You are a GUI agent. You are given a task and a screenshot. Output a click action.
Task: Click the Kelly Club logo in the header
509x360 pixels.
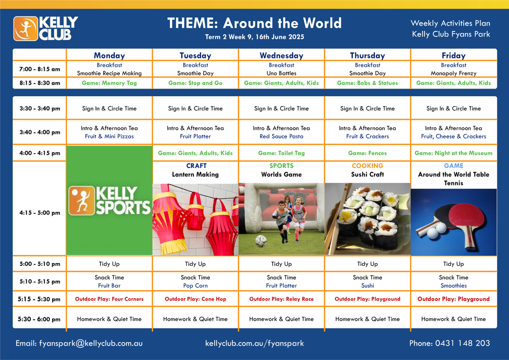(x=46, y=28)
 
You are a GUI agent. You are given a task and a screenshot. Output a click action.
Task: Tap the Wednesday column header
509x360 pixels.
(x=281, y=56)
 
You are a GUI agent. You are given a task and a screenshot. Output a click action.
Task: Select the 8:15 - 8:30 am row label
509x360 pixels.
(x=40, y=83)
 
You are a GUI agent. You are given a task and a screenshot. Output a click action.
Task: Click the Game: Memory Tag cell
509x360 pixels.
(x=109, y=83)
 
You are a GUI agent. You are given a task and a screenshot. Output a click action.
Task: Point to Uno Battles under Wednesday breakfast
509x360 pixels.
(x=281, y=73)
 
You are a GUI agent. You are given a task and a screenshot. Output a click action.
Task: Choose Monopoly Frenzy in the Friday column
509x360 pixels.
(x=453, y=73)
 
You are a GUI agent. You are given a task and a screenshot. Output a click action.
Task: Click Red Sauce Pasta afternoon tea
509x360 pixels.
(x=281, y=136)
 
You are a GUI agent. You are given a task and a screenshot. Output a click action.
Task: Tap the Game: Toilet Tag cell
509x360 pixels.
(x=281, y=153)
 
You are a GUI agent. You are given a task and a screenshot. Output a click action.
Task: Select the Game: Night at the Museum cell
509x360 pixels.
(x=453, y=153)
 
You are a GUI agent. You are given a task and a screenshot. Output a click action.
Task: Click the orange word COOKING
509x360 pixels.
(x=367, y=165)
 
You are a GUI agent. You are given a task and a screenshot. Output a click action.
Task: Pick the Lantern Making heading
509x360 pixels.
(x=195, y=174)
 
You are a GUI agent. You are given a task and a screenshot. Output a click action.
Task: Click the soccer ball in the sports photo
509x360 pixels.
(x=261, y=241)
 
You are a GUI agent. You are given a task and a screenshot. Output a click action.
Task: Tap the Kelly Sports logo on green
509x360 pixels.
(x=109, y=201)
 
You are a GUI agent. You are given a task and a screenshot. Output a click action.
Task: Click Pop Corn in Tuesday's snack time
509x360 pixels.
(x=196, y=285)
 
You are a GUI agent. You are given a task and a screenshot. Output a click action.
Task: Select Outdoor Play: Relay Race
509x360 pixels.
(x=281, y=299)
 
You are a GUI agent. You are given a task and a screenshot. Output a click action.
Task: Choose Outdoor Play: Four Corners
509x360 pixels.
(x=109, y=299)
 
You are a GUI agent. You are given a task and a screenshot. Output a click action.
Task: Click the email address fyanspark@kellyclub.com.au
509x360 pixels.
(x=91, y=343)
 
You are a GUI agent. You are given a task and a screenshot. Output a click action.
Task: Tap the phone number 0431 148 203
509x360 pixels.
(x=462, y=343)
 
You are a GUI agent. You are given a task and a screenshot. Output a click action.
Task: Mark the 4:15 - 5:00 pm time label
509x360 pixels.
(x=40, y=213)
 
